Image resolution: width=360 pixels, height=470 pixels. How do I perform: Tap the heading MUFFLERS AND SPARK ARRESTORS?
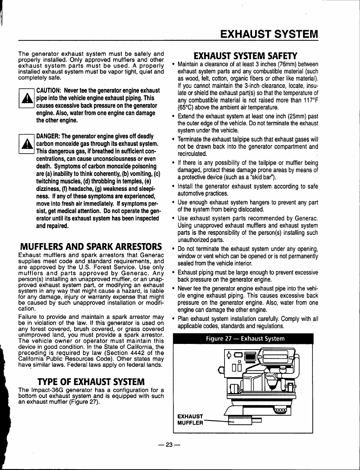pos(90,247)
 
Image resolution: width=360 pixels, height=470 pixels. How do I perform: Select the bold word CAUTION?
pos(49,91)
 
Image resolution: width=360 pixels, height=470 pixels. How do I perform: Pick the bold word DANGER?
pos(48,136)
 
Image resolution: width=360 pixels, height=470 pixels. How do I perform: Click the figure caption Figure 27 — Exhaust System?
pos(245,339)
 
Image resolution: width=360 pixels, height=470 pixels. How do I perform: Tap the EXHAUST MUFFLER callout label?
pos(191,419)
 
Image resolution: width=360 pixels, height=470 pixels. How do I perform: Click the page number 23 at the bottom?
pos(169,445)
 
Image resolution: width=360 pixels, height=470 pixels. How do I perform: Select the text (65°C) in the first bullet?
pos(187,108)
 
